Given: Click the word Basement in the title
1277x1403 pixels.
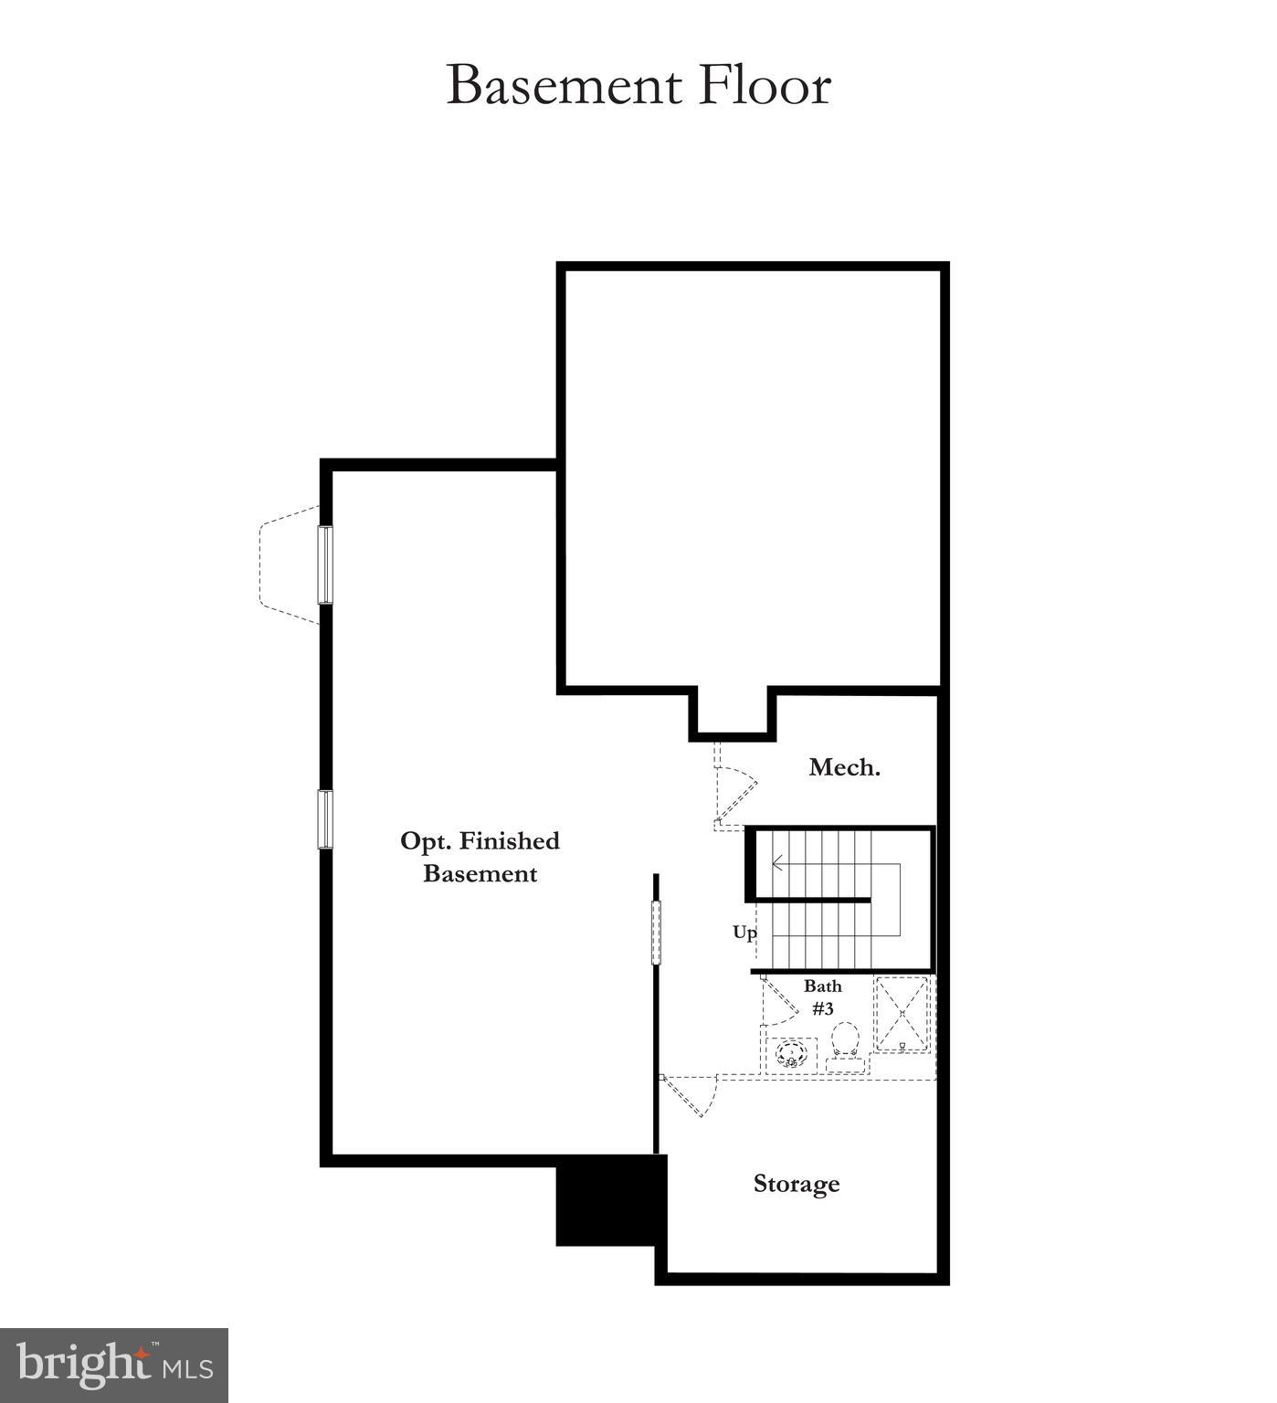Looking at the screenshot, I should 564,86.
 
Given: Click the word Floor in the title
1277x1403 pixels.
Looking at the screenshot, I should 765,86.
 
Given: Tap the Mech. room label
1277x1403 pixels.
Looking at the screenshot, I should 844,767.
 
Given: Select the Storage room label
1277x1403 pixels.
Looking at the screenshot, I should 796,1184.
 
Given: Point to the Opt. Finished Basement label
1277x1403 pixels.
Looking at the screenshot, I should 480,857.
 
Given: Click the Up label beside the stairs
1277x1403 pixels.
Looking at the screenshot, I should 744,933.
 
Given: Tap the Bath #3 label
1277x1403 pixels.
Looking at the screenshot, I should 822,997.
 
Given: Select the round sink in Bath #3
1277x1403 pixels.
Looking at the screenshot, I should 791,1055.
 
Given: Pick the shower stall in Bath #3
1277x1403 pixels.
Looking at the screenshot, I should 902,1014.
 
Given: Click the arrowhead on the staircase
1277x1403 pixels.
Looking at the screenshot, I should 776,862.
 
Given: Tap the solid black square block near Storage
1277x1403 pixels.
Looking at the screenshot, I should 607,1199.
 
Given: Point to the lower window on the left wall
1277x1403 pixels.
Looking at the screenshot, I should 325,819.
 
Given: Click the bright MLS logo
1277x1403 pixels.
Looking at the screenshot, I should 114,1366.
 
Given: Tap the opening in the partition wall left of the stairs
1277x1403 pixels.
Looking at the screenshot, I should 655,932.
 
